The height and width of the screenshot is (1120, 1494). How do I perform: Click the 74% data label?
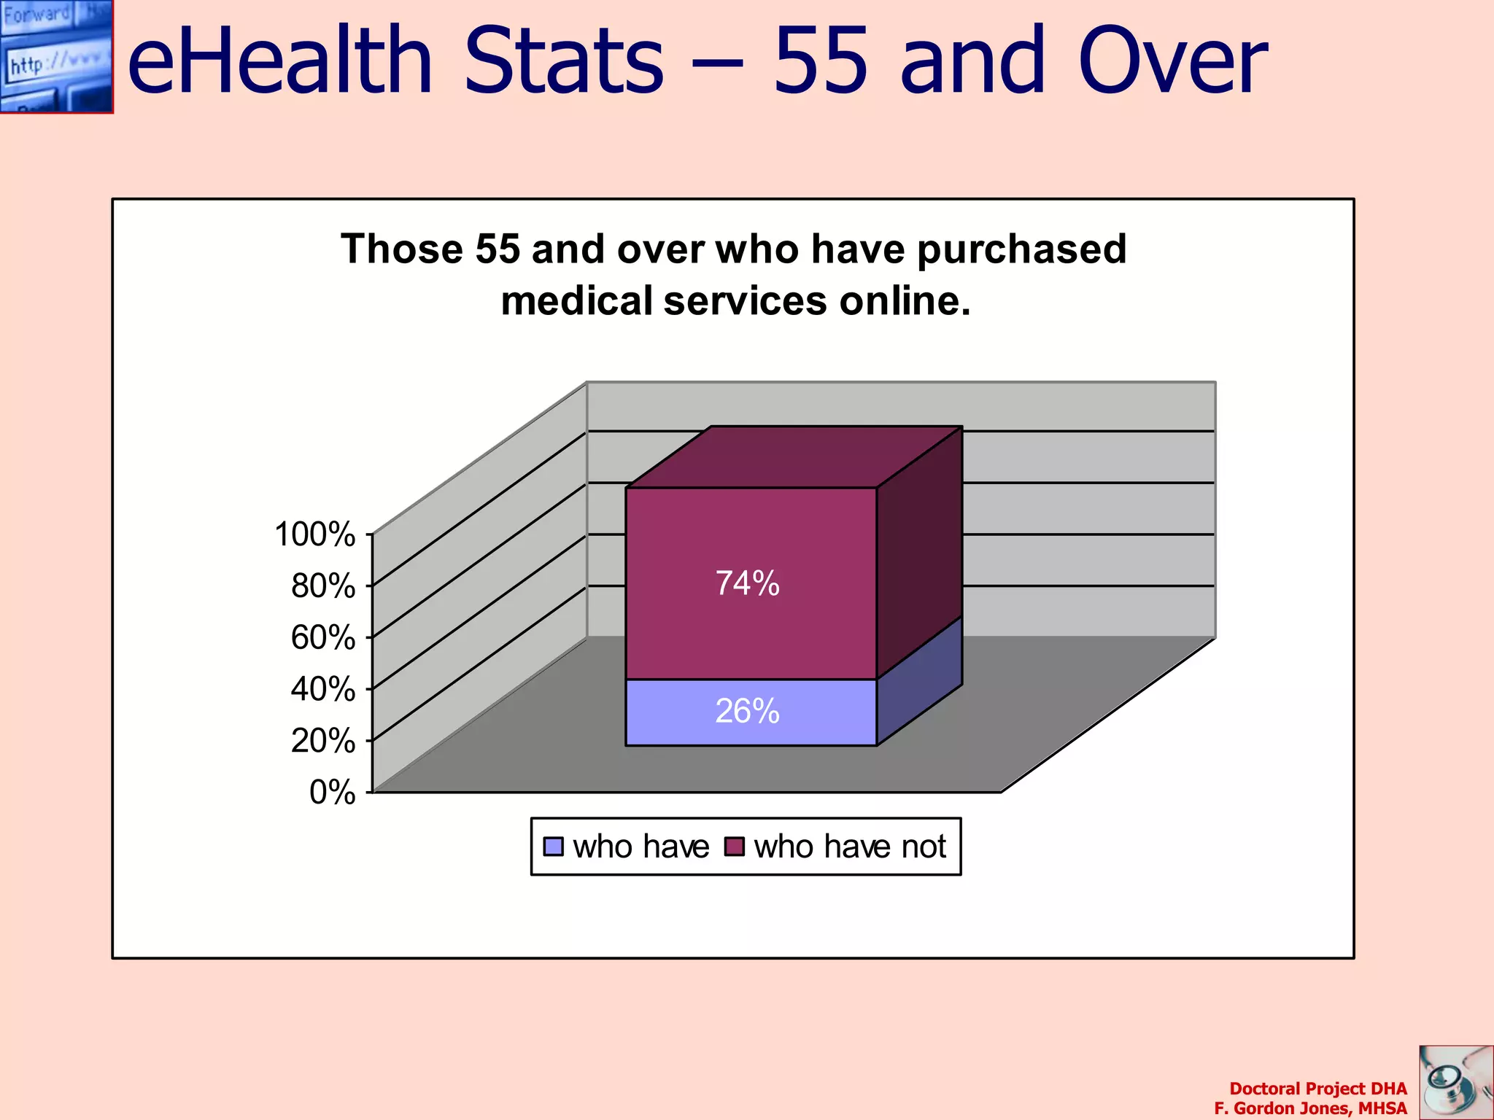click(x=747, y=583)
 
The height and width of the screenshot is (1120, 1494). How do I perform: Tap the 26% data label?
click(x=747, y=711)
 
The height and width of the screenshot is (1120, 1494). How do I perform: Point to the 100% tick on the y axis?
click(x=315, y=534)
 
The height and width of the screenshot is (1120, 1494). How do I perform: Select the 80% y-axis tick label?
click(x=323, y=586)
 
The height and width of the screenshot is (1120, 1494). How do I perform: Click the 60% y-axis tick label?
click(x=323, y=638)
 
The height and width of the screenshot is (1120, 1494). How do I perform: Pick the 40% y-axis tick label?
click(x=323, y=689)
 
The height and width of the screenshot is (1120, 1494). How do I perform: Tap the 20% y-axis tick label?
click(x=323, y=741)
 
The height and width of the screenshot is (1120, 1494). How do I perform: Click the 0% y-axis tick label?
click(x=332, y=793)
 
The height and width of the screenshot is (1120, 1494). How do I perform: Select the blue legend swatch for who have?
click(x=554, y=847)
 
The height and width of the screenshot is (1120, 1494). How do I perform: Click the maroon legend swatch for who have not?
click(x=734, y=847)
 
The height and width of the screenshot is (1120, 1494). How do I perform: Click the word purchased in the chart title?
click(x=1021, y=250)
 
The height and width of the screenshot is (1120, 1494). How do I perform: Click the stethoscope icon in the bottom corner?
click(x=1455, y=1082)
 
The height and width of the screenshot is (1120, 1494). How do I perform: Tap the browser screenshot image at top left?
click(x=56, y=56)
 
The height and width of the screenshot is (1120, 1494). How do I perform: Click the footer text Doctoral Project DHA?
click(x=1317, y=1089)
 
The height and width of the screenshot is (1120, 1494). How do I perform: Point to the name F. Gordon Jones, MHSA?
click(x=1310, y=1108)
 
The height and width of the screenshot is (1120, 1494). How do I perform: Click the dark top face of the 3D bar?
click(x=794, y=457)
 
